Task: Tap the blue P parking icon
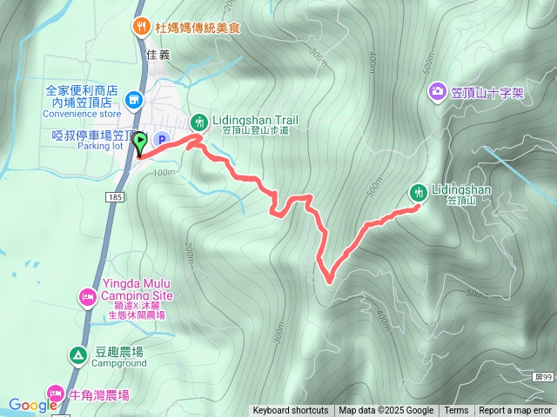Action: pyautogui.click(x=161, y=139)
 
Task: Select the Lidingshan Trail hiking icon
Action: pyautogui.click(x=199, y=121)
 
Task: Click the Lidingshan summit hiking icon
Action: pyautogui.click(x=419, y=192)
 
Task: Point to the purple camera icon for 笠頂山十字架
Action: pyautogui.click(x=437, y=91)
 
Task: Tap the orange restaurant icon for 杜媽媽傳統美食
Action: pyautogui.click(x=141, y=27)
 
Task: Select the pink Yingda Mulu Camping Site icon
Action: pyautogui.click(x=87, y=298)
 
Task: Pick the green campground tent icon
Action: pyautogui.click(x=78, y=354)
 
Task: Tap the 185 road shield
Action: pyautogui.click(x=116, y=199)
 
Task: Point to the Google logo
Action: pyautogui.click(x=32, y=405)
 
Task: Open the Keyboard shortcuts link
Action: pyautogui.click(x=291, y=411)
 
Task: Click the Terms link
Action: pyautogui.click(x=456, y=411)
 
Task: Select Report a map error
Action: pyautogui.click(x=515, y=411)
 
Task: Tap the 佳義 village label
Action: pyautogui.click(x=159, y=54)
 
